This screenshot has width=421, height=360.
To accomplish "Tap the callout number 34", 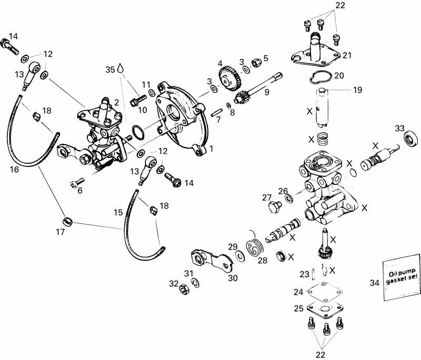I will [x=374, y=283].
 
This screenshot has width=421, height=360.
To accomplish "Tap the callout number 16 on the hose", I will [x=14, y=169].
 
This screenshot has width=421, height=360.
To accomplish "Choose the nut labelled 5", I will [x=256, y=63].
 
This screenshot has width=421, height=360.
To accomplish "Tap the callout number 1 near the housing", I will [x=211, y=148].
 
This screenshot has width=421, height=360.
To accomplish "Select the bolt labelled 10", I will [x=139, y=97].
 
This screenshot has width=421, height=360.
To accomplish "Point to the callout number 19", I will [x=357, y=91].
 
